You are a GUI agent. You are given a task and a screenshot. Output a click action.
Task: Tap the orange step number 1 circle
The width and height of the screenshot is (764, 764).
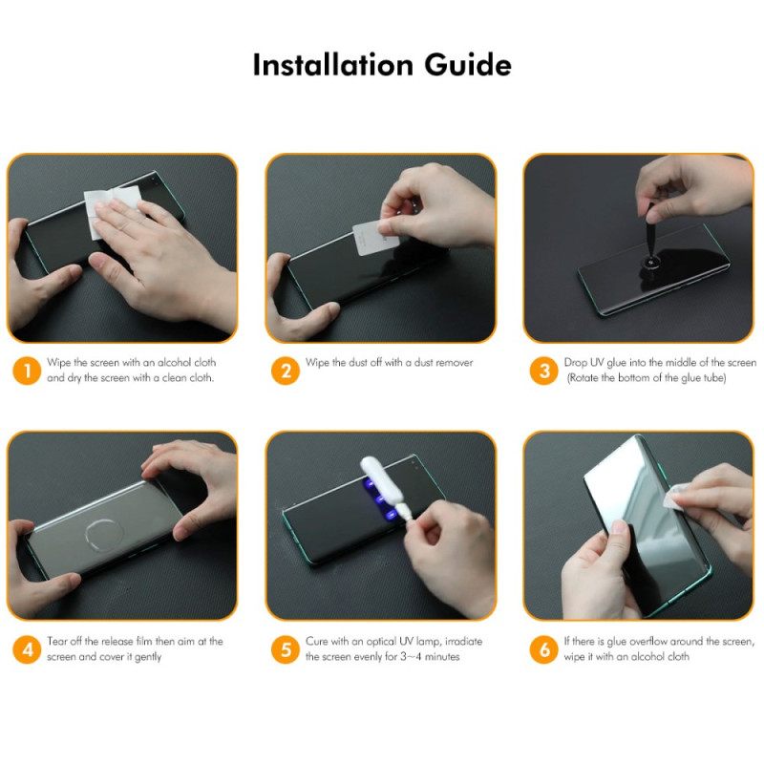click(28, 371)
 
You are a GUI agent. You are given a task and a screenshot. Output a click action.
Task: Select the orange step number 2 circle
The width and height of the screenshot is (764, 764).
click(286, 371)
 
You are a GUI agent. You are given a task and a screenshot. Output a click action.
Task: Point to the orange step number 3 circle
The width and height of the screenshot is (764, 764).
click(544, 371)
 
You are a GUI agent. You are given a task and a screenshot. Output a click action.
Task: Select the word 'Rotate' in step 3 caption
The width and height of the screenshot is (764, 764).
click(589, 378)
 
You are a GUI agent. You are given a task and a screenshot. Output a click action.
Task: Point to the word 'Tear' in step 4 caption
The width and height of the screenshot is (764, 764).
click(58, 642)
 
